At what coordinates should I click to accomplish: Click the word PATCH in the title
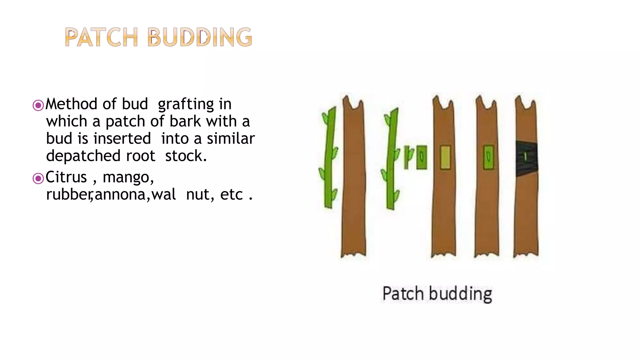click(x=101, y=37)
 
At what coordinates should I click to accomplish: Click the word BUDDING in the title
click(x=199, y=37)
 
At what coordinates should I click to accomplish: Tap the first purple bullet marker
click(x=38, y=105)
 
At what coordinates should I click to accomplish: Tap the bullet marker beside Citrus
click(x=38, y=178)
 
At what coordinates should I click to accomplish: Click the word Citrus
click(x=66, y=177)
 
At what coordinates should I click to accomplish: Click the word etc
click(x=231, y=195)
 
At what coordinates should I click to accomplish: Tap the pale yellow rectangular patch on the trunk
click(x=445, y=157)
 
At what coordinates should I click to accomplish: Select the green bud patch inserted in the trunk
click(x=488, y=157)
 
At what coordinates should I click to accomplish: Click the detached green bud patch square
click(x=422, y=157)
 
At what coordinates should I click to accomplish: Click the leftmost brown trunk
click(x=353, y=178)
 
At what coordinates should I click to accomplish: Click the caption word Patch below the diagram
click(x=403, y=294)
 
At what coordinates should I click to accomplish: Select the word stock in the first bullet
click(x=185, y=156)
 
